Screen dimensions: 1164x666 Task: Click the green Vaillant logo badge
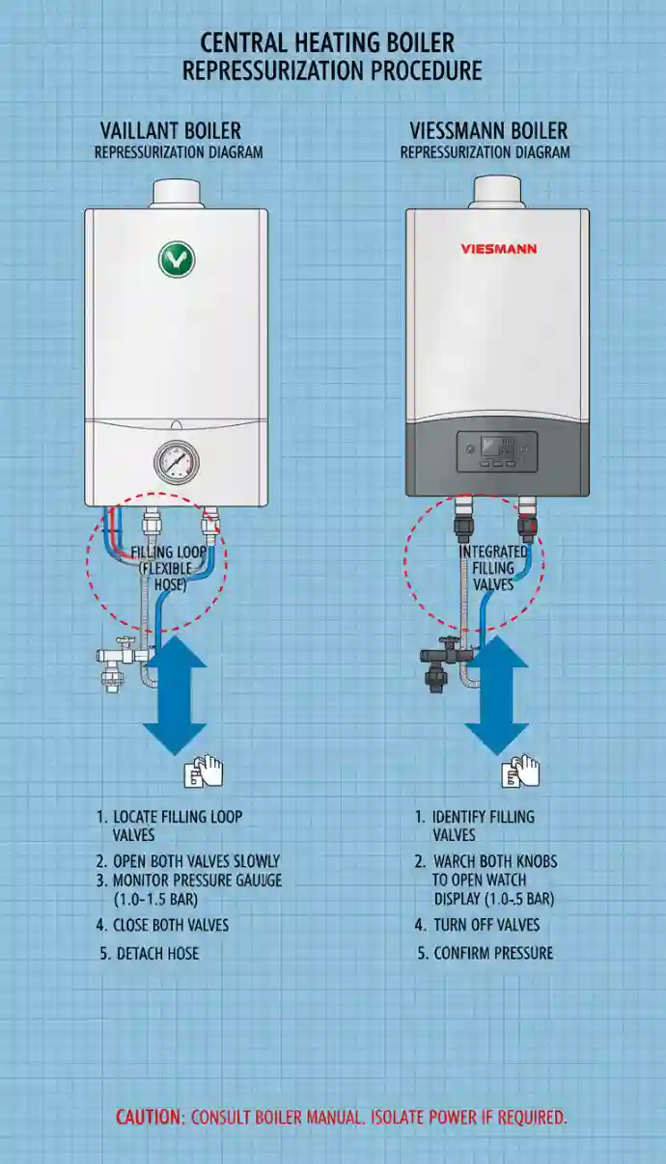point(177,259)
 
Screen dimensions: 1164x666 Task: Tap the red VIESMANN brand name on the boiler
point(499,249)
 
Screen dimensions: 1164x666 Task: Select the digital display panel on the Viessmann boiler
point(497,450)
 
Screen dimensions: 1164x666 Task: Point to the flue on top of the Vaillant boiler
point(177,192)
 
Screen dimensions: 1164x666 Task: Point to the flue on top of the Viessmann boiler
point(497,191)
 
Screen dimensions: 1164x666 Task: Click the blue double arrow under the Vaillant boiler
point(175,694)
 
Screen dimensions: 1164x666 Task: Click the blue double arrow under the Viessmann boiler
point(496,694)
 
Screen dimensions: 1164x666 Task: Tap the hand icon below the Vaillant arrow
point(204,772)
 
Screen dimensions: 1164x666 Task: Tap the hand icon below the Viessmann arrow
point(520,772)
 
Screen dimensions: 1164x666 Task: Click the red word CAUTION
point(149,1118)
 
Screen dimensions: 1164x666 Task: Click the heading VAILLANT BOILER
point(171,130)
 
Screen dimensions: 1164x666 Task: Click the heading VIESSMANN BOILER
point(488,130)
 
